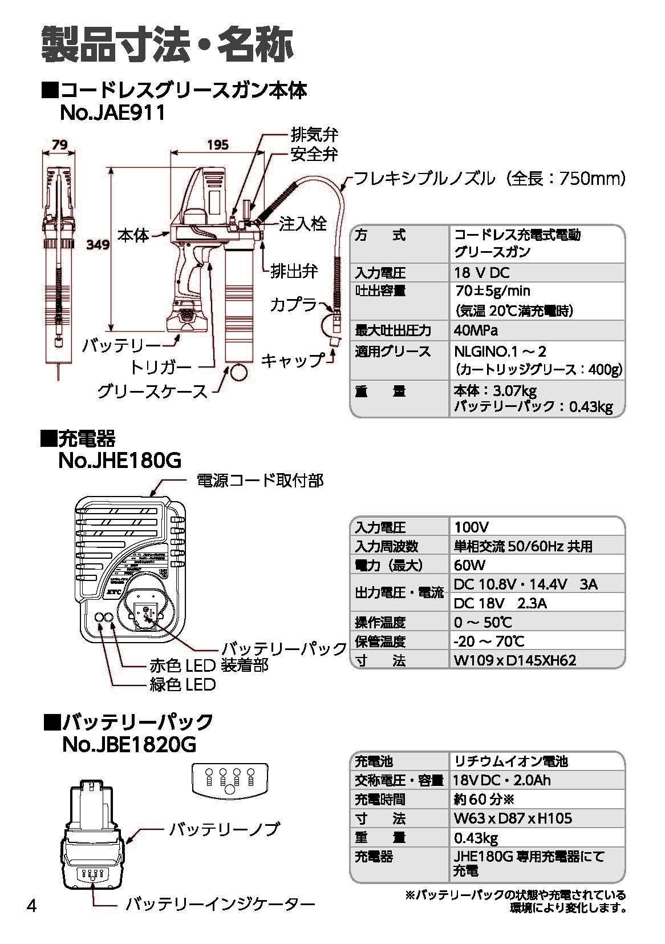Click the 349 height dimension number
(x=98, y=245)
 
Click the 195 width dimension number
(x=217, y=144)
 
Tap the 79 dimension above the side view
(x=60, y=145)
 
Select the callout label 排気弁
(x=314, y=135)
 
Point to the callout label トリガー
(x=160, y=366)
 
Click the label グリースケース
(x=152, y=391)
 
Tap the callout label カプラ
(x=293, y=304)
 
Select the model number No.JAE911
(x=112, y=112)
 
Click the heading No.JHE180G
(x=120, y=460)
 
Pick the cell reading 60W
(x=469, y=565)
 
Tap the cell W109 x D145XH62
(x=515, y=660)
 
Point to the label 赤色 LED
(x=183, y=665)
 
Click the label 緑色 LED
(x=183, y=684)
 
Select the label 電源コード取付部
(x=260, y=481)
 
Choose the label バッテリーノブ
(x=224, y=829)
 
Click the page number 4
(x=32, y=906)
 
